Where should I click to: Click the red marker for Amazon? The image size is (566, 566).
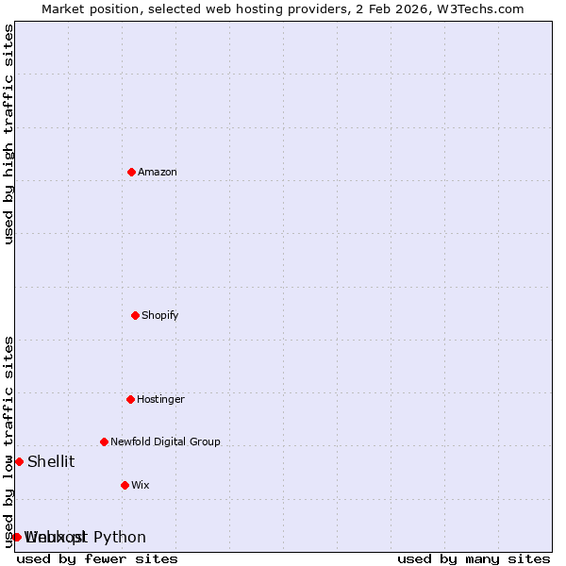(x=131, y=172)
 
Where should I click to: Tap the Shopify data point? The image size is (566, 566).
(x=135, y=315)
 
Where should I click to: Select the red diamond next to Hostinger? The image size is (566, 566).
(x=130, y=399)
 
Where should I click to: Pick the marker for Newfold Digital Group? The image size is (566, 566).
(x=104, y=441)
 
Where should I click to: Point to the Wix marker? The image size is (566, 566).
(x=125, y=485)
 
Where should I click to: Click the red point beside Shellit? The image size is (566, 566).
(x=19, y=461)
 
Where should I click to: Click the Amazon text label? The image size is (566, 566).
(x=158, y=172)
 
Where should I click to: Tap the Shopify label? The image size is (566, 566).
(x=160, y=315)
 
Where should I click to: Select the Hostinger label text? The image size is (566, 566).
(x=161, y=399)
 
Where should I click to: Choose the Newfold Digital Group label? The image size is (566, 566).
(x=165, y=441)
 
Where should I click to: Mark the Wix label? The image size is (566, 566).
(x=141, y=485)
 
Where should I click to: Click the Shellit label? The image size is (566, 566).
(x=51, y=461)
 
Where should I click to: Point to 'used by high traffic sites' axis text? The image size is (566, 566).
(x=8, y=134)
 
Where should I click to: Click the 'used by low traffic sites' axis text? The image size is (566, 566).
(x=8, y=441)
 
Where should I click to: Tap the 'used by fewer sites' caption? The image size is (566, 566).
(x=97, y=558)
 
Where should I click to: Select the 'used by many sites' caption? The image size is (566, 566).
(x=474, y=558)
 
